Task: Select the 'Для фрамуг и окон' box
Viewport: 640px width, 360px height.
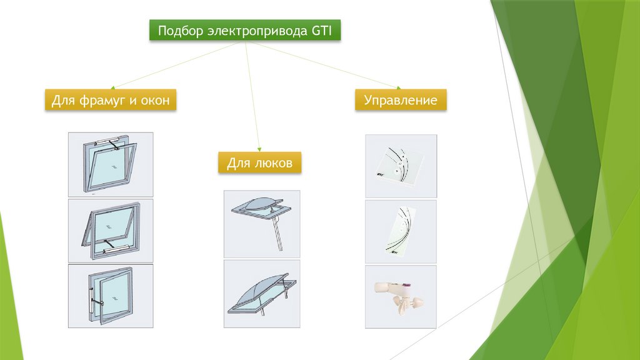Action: tap(111, 100)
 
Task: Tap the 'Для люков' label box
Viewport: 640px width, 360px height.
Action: tap(260, 163)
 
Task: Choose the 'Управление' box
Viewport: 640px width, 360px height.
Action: tap(401, 100)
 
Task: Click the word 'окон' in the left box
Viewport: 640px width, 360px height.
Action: tap(155, 100)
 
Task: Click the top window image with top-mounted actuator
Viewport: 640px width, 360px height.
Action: tap(111, 165)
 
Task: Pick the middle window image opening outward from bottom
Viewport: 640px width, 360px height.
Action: tap(111, 231)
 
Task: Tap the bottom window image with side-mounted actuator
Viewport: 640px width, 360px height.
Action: tap(111, 296)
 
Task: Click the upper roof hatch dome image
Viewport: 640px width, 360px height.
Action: tap(261, 224)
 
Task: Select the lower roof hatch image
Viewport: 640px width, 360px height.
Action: tap(261, 292)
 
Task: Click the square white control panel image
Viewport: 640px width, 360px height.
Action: tap(401, 166)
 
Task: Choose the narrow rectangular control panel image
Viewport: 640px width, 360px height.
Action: tap(401, 231)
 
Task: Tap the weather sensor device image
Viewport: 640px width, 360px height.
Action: tap(401, 296)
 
